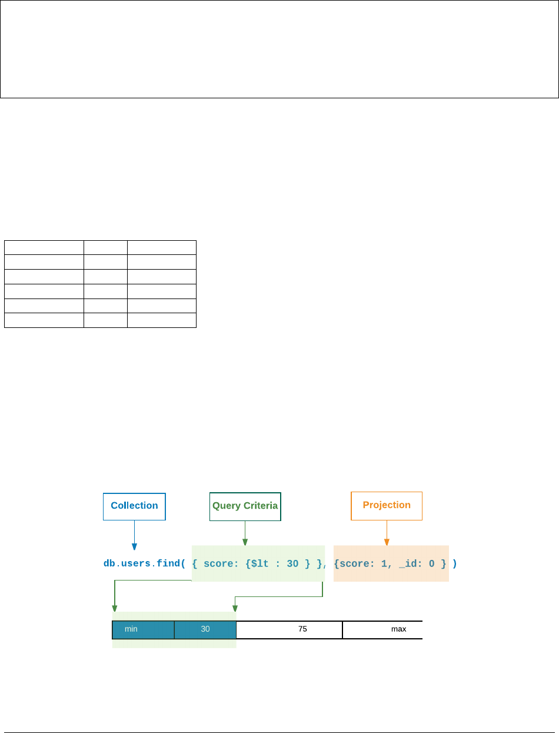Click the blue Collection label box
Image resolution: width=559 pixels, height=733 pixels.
[134, 506]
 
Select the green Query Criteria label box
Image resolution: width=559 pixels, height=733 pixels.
[245, 506]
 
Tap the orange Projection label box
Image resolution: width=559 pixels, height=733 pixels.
[387, 506]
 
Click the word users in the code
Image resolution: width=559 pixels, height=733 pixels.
[135, 564]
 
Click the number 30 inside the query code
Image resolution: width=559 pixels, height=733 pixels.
[292, 564]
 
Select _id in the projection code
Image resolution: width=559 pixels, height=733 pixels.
[409, 564]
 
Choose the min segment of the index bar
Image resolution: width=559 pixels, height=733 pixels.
[143, 629]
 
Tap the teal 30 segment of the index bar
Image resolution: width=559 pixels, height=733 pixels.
[205, 629]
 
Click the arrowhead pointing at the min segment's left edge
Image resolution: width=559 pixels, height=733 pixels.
[114, 609]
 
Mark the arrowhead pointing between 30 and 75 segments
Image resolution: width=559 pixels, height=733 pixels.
[235, 609]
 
